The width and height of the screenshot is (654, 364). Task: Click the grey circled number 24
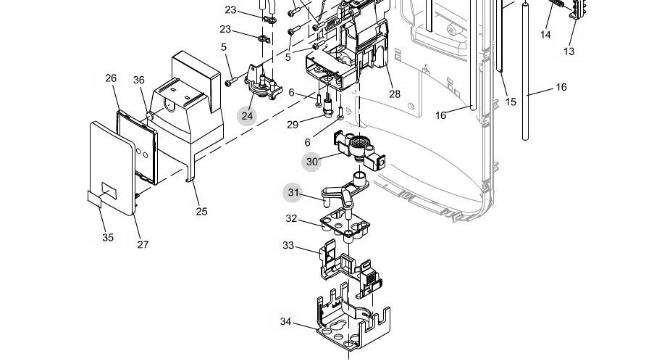(248, 115)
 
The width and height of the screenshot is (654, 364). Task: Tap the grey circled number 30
(312, 162)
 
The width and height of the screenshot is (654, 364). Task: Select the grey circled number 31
(293, 192)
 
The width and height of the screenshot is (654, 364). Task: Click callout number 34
(285, 320)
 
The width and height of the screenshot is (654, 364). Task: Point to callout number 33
(288, 246)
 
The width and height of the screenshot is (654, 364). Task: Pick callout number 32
(291, 218)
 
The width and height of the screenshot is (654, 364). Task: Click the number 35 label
(107, 237)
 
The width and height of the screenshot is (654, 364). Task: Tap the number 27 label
(143, 244)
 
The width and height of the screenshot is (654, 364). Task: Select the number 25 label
(201, 212)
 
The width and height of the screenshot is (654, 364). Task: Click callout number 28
(395, 94)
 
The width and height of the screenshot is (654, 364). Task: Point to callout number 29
(293, 125)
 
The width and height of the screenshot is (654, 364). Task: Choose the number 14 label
(545, 34)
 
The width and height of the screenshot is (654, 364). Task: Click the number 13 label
(569, 51)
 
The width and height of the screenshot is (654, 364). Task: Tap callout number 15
(511, 102)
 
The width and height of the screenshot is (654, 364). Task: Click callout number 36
(139, 80)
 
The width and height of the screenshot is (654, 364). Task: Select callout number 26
(110, 78)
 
